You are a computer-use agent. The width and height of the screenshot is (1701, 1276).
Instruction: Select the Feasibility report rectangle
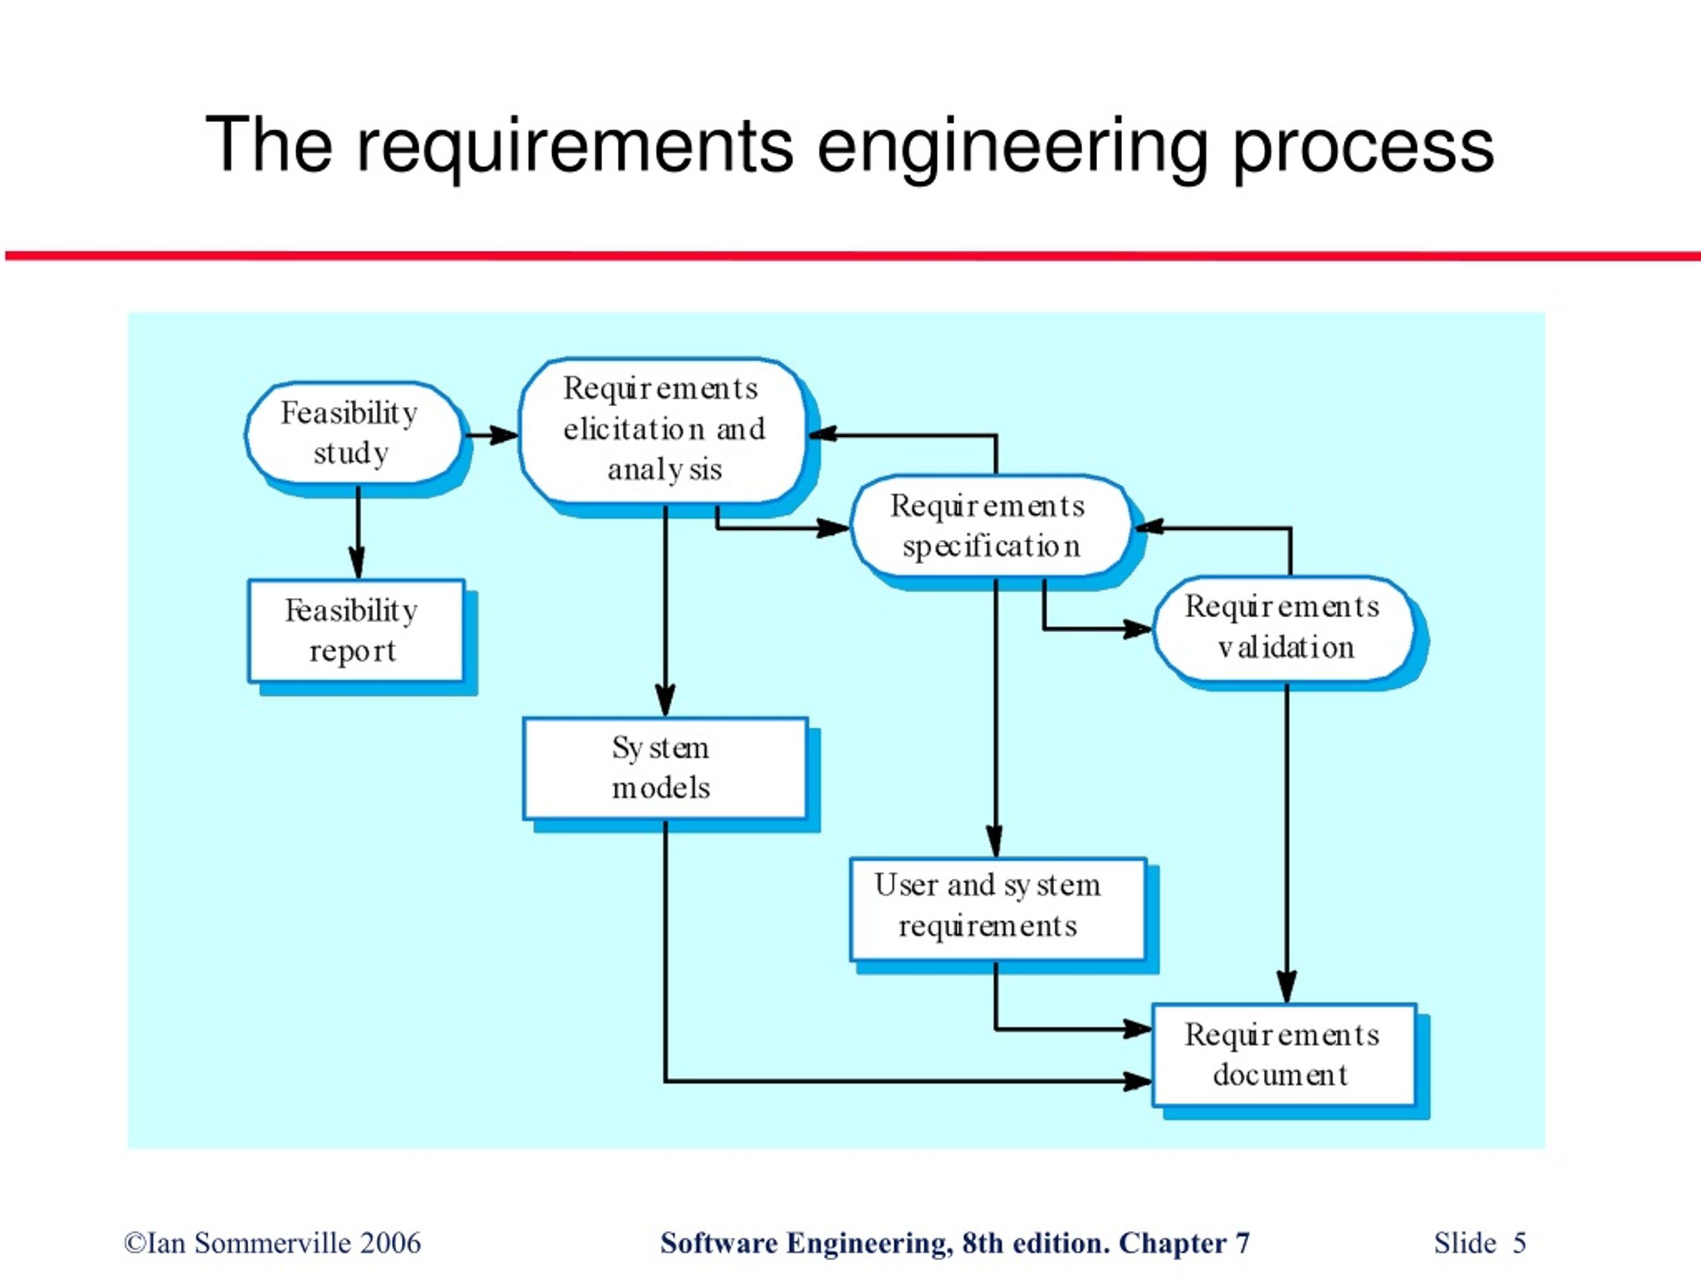pyautogui.click(x=356, y=631)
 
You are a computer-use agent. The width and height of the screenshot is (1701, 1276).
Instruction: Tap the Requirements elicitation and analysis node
pyautogui.click(x=664, y=431)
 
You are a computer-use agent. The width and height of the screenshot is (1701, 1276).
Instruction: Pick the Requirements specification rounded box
pyautogui.click(x=991, y=526)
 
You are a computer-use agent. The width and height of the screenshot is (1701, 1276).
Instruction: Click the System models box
pyautogui.click(x=665, y=768)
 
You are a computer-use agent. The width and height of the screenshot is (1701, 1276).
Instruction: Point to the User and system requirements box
pyautogui.click(x=998, y=908)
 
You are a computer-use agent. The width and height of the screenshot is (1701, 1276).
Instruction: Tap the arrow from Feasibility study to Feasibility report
pyautogui.click(x=357, y=532)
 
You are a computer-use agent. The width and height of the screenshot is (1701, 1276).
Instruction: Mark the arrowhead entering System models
pyautogui.click(x=665, y=699)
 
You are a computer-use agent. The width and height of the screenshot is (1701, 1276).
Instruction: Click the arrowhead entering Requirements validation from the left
pyautogui.click(x=1137, y=629)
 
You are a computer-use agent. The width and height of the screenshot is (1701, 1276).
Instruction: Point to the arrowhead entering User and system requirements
pyautogui.click(x=996, y=840)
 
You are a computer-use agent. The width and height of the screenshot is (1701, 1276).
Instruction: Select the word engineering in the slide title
pyautogui.click(x=1012, y=146)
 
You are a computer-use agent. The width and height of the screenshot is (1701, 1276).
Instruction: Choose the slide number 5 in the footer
pyautogui.click(x=1520, y=1243)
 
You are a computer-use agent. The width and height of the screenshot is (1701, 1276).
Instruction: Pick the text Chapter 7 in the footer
pyautogui.click(x=1184, y=1243)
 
